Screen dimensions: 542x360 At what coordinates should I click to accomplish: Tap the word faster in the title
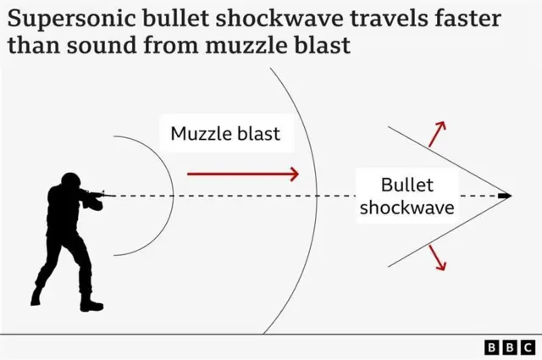(x=467, y=19)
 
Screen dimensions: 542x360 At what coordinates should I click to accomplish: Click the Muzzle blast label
(x=225, y=134)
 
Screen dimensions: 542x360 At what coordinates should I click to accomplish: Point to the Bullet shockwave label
(x=407, y=196)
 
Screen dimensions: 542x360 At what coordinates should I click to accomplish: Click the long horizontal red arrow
(x=243, y=174)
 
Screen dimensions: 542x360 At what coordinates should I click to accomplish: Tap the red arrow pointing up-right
(x=437, y=134)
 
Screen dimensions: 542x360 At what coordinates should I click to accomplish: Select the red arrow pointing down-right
(x=437, y=258)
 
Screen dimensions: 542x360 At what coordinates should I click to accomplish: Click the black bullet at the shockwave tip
(x=505, y=196)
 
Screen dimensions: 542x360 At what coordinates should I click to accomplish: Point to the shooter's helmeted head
(x=70, y=181)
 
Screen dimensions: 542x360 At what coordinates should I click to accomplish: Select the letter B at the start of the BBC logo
(x=491, y=347)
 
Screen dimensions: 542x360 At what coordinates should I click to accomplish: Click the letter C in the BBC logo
(x=528, y=347)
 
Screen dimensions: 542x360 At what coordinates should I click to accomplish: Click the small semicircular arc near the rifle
(x=173, y=196)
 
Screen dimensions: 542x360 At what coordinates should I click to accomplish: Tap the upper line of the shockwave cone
(x=450, y=161)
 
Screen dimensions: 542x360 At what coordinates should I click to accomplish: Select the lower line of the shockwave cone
(x=450, y=231)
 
